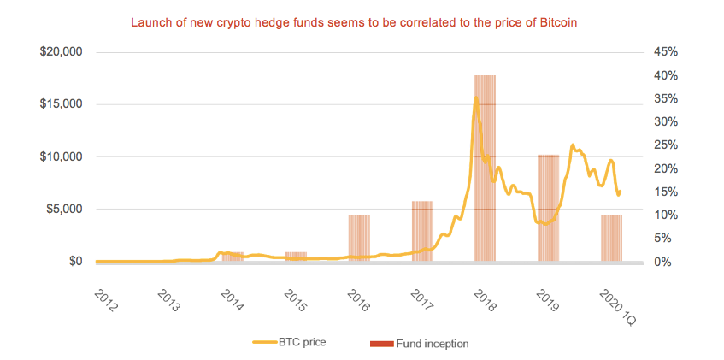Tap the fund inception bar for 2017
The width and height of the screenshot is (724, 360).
[x=422, y=231]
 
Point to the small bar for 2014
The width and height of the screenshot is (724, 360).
[x=233, y=257]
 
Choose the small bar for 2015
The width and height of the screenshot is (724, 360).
[x=296, y=257]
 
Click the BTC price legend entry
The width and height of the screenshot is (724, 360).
[x=290, y=343]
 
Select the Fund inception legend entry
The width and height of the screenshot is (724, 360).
[x=419, y=343]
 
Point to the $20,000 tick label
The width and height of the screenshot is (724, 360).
[x=61, y=52]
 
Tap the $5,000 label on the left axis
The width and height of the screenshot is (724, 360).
[x=63, y=210]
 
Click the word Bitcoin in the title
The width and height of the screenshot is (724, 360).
[x=557, y=20]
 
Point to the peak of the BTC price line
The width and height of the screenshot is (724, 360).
[x=476, y=98]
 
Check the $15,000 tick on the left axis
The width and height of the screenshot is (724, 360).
[x=61, y=104]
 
